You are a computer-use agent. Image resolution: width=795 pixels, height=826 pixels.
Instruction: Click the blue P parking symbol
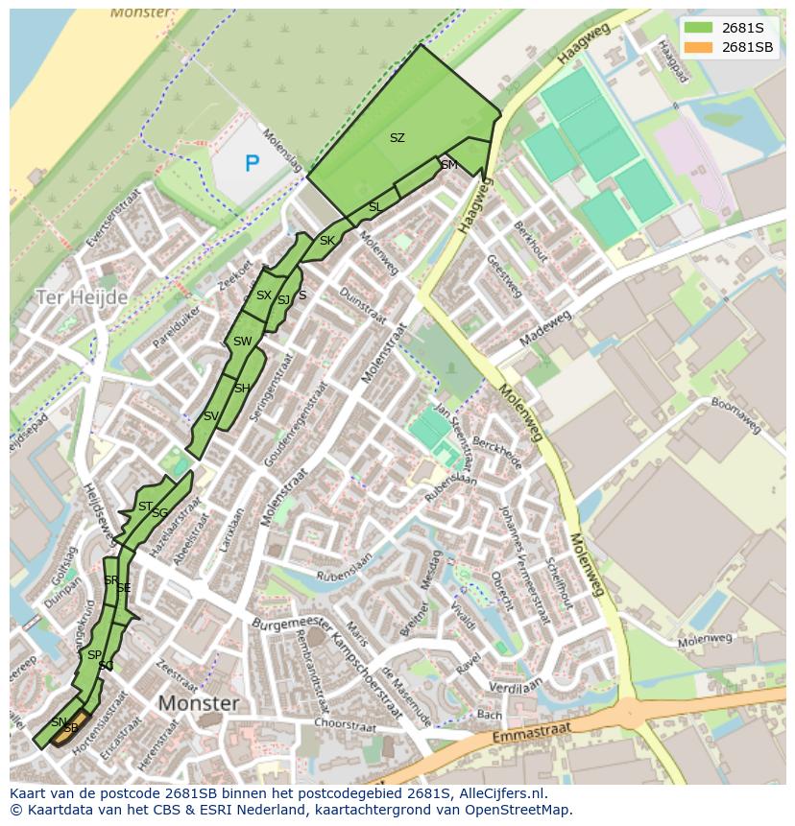coord(252,164)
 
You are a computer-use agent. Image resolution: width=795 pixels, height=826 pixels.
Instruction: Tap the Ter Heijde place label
coord(82,297)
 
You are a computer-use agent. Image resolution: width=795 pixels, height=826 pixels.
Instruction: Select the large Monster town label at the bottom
coord(198,703)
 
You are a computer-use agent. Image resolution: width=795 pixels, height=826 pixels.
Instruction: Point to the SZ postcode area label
coord(397,138)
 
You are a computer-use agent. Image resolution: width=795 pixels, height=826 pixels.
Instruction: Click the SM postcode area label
coord(449,165)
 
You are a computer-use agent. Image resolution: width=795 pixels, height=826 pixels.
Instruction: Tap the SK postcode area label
coord(327,241)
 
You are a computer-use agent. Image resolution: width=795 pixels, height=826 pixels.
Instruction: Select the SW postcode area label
coord(242,342)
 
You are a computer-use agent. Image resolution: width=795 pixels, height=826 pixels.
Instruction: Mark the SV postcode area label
coord(211,416)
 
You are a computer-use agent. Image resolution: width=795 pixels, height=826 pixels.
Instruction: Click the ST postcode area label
coord(145,507)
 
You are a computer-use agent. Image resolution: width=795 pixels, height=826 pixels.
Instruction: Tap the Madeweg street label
coord(544,329)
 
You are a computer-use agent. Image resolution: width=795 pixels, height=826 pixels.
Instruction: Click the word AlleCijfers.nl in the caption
coord(498,793)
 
